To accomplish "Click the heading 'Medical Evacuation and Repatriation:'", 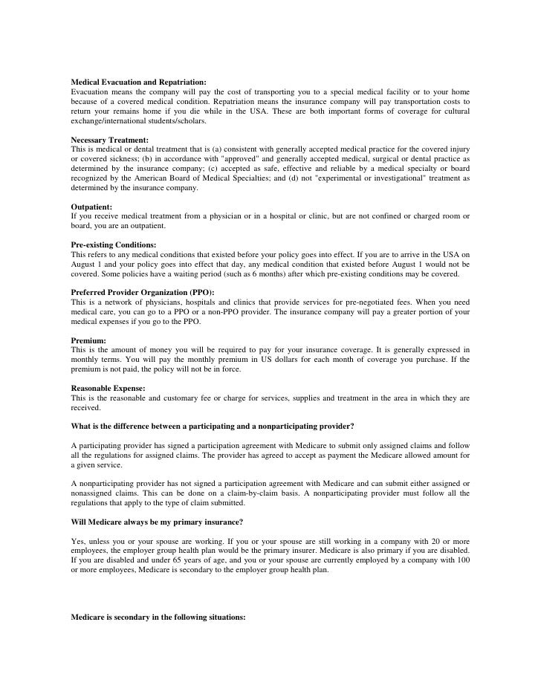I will click(138, 81).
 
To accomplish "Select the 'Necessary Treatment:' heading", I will click(109, 140).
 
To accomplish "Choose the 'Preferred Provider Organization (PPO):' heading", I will click(142, 293).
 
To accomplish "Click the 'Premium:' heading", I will click(88, 340).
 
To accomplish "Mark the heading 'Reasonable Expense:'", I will click(108, 388).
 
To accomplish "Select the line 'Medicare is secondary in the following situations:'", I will click(158, 618).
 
